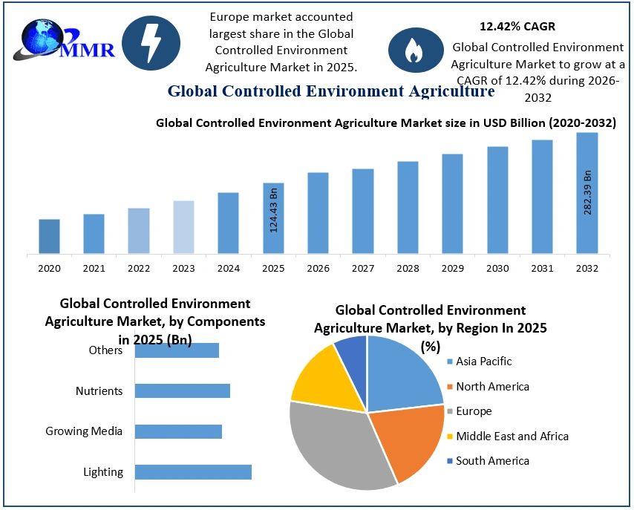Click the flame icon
coord(414,49)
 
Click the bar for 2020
coord(49,236)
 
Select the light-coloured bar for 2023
coord(183,226)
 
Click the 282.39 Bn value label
coord(587,192)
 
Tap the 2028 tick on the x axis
coord(408,268)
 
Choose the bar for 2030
coord(497,200)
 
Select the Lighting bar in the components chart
coord(193,471)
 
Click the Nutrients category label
coord(99,390)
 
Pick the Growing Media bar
coord(178,431)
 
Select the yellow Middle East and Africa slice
coord(316,375)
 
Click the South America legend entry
coord(491,461)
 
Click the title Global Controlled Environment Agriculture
coord(330,91)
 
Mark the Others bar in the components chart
coord(177,350)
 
